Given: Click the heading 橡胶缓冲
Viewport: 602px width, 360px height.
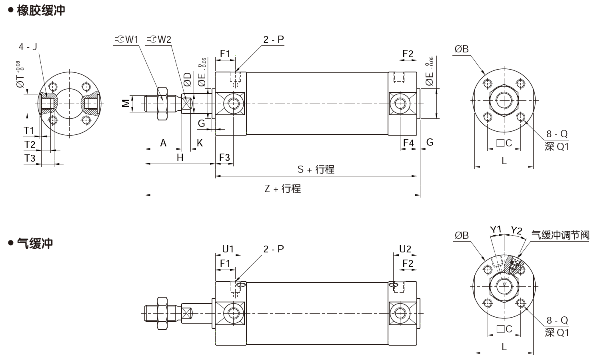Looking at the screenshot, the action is [41, 10].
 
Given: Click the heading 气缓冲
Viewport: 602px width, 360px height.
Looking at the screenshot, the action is [35, 243].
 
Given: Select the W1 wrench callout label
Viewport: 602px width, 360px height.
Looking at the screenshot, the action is [126, 40].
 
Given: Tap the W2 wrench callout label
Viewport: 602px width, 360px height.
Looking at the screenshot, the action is [159, 40].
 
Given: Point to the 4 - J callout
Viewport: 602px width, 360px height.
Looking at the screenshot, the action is [28, 47].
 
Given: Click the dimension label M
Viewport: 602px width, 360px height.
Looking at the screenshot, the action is [126, 103].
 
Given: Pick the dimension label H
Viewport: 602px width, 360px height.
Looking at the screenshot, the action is [180, 158].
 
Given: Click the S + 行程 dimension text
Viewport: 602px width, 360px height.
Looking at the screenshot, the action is [316, 170].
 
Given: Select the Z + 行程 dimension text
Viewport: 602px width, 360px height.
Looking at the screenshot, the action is [283, 188].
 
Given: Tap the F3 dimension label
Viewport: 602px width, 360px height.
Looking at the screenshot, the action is [225, 158].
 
